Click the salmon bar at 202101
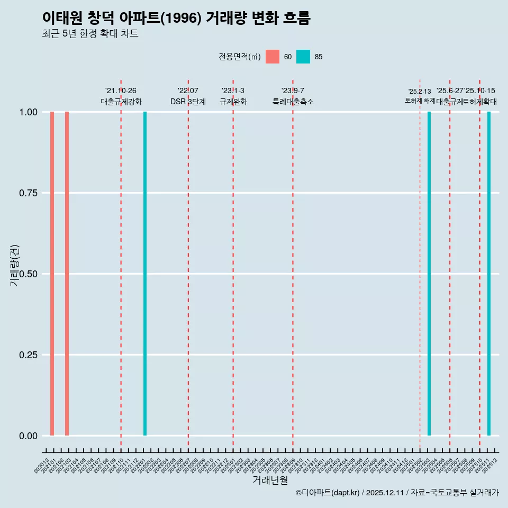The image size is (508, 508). pos(52,274)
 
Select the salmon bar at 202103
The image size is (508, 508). pos(67,274)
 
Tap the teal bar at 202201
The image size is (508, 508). pos(145,274)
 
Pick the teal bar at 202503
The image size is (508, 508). pos(429,274)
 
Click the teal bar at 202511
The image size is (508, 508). pos(489,274)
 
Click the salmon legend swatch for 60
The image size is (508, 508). pos(273,57)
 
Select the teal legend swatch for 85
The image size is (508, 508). pos(303,57)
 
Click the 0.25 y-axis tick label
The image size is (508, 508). pos(27,355)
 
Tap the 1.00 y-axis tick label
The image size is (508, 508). pos(27,112)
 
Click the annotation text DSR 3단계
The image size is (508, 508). pos(188,102)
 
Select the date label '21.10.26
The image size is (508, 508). pos(121,91)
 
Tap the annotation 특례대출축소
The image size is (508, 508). pos(293,102)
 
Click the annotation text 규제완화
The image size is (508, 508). pos(233,102)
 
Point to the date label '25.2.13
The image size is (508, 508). pos(420,92)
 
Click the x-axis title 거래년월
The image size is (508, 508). pos(270,480)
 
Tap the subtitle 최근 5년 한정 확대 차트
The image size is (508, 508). pos(90,34)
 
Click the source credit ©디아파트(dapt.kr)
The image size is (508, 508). pos(327,493)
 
